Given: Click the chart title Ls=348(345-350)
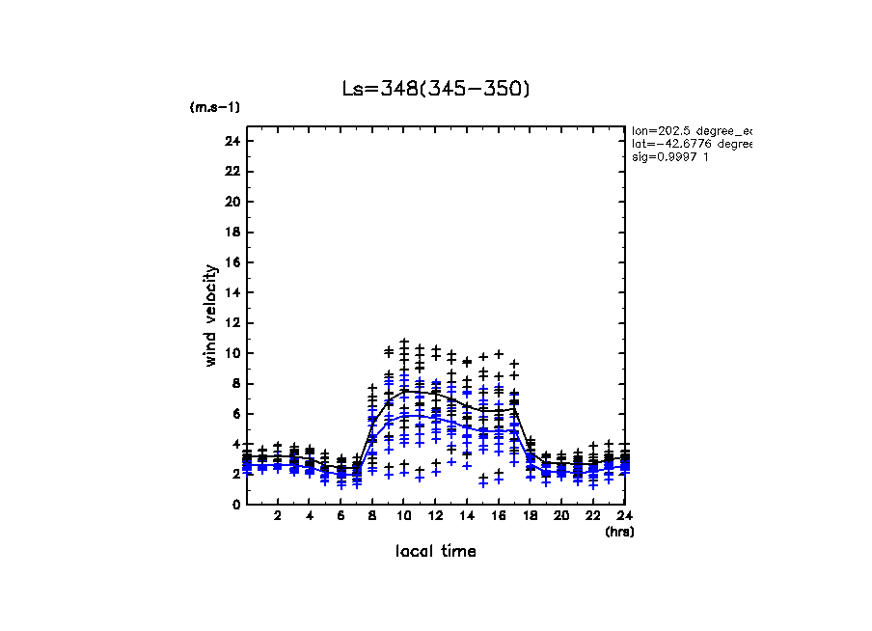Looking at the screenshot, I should coord(436,89).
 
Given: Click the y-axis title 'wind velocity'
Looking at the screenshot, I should coord(210,315).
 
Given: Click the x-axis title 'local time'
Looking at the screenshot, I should coord(436,551).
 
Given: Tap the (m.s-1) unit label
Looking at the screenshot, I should coord(214,107).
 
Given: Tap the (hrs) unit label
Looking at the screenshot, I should coord(619,532).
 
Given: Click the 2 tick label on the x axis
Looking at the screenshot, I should coord(278,516).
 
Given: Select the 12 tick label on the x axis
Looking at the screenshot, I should coord(435,516).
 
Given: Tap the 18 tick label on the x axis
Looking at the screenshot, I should coord(530,516).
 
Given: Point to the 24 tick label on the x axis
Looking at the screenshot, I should coord(624,516).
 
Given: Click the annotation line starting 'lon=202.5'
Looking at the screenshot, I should coord(691,129).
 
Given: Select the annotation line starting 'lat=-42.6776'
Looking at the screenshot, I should coord(691,144).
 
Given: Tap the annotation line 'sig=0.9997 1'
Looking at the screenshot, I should coord(671,157).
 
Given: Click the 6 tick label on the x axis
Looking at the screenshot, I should coord(341,516).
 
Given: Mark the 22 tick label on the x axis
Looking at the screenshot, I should coord(592,516).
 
